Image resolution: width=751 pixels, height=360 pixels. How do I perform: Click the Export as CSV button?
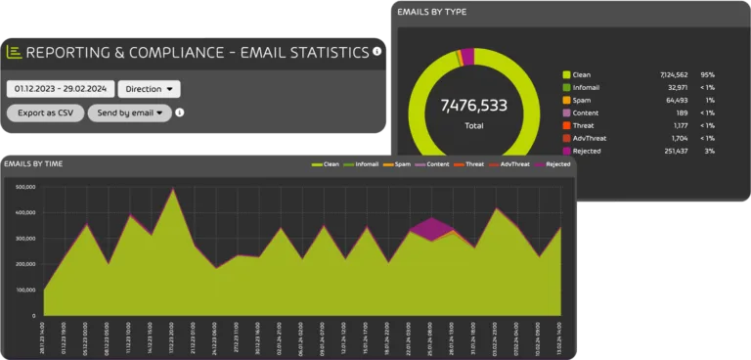tap(45, 112)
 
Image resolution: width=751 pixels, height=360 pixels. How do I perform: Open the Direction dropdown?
tap(149, 89)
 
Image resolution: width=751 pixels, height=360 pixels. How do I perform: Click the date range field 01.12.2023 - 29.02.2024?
tap(60, 89)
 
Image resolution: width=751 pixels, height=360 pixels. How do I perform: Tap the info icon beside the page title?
tap(377, 51)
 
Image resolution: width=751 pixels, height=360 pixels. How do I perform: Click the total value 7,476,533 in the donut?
tap(473, 105)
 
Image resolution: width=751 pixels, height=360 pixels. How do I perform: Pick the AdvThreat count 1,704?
tap(676, 138)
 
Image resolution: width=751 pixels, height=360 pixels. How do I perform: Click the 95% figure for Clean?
tap(708, 73)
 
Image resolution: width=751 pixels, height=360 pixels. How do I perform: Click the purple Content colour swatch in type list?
tap(566, 112)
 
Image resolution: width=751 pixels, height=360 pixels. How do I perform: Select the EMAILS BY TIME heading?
tap(34, 163)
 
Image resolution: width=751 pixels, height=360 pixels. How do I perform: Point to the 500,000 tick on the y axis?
tap(22, 186)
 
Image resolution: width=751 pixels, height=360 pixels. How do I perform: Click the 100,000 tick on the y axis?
tap(22, 291)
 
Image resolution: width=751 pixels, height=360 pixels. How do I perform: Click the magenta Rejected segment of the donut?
tap(467, 56)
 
